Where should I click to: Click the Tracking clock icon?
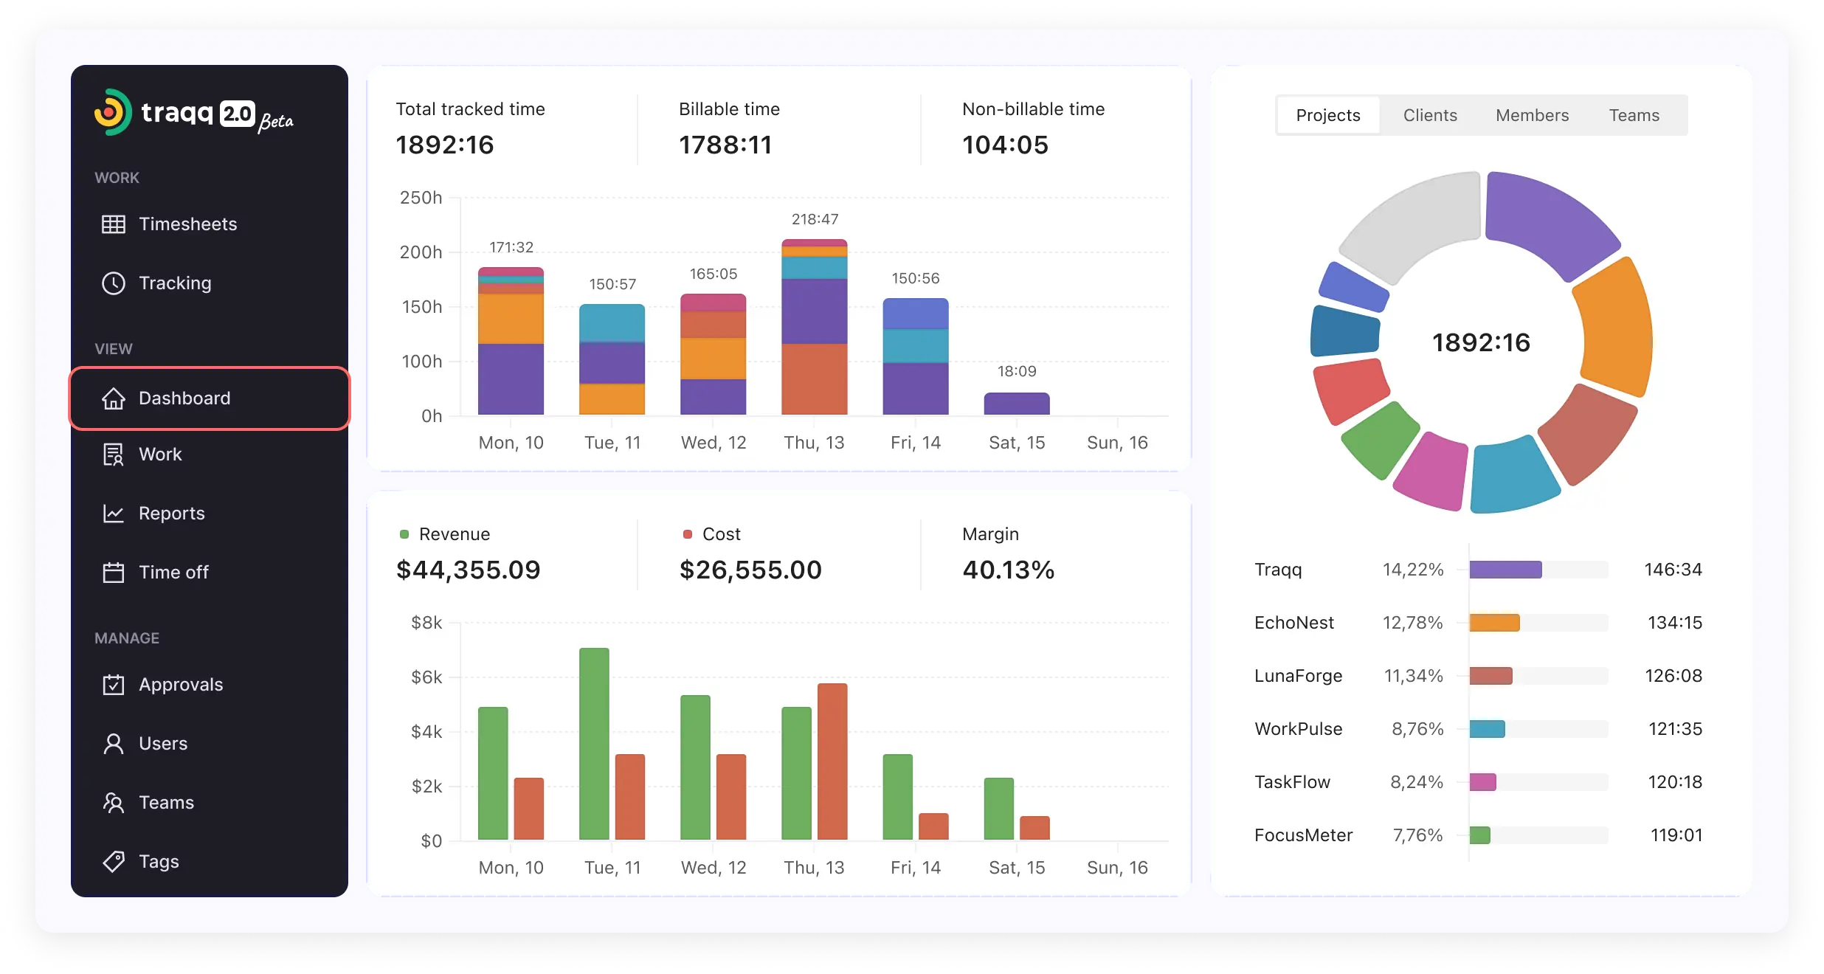(114, 283)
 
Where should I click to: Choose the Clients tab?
(1430, 115)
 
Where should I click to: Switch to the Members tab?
(1532, 115)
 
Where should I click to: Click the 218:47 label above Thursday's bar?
(815, 219)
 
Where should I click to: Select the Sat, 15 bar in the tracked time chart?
(1017, 404)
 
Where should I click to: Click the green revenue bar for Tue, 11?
(594, 744)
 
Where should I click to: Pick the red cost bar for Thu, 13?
(832, 761)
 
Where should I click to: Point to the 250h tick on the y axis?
(421, 198)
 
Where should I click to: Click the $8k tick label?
(426, 623)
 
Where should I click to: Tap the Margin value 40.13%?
(1008, 570)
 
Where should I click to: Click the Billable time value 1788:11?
(725, 145)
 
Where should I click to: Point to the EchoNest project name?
(1294, 623)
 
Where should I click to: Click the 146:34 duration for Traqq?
(1673, 570)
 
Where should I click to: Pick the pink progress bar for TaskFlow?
(1482, 782)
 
